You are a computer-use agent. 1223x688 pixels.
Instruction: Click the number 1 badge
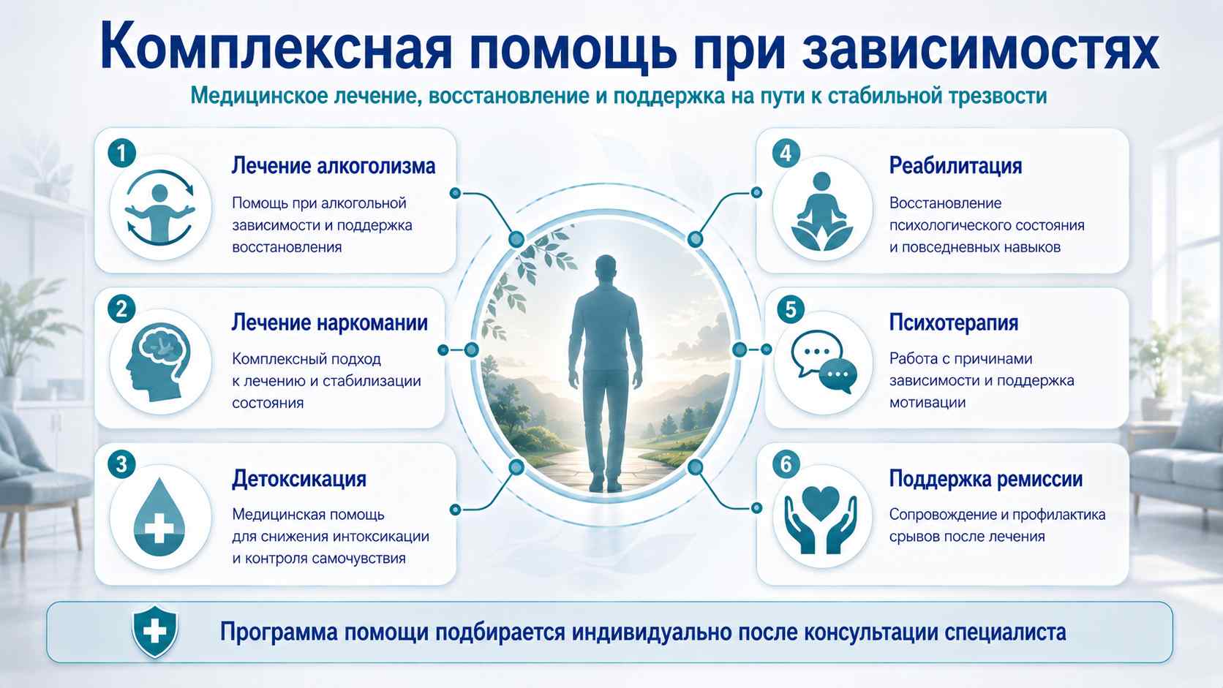pos(121,154)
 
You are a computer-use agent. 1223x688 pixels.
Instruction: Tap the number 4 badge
pos(786,154)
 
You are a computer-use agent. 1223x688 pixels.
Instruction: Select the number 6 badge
pos(786,464)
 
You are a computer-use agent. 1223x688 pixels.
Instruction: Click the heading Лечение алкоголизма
pos(333,166)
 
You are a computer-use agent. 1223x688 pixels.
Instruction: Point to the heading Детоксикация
pos(298,479)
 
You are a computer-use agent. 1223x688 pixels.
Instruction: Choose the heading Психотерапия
pos(953,322)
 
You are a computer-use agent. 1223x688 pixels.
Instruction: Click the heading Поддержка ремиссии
pos(985,479)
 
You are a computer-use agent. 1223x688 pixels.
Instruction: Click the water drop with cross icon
pos(159,517)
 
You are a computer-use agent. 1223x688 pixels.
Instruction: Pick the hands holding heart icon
pos(820,519)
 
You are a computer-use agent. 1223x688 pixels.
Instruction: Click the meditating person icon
pos(821,212)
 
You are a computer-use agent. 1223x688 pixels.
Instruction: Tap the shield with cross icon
pos(155,632)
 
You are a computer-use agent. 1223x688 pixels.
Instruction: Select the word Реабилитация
pos(955,166)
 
